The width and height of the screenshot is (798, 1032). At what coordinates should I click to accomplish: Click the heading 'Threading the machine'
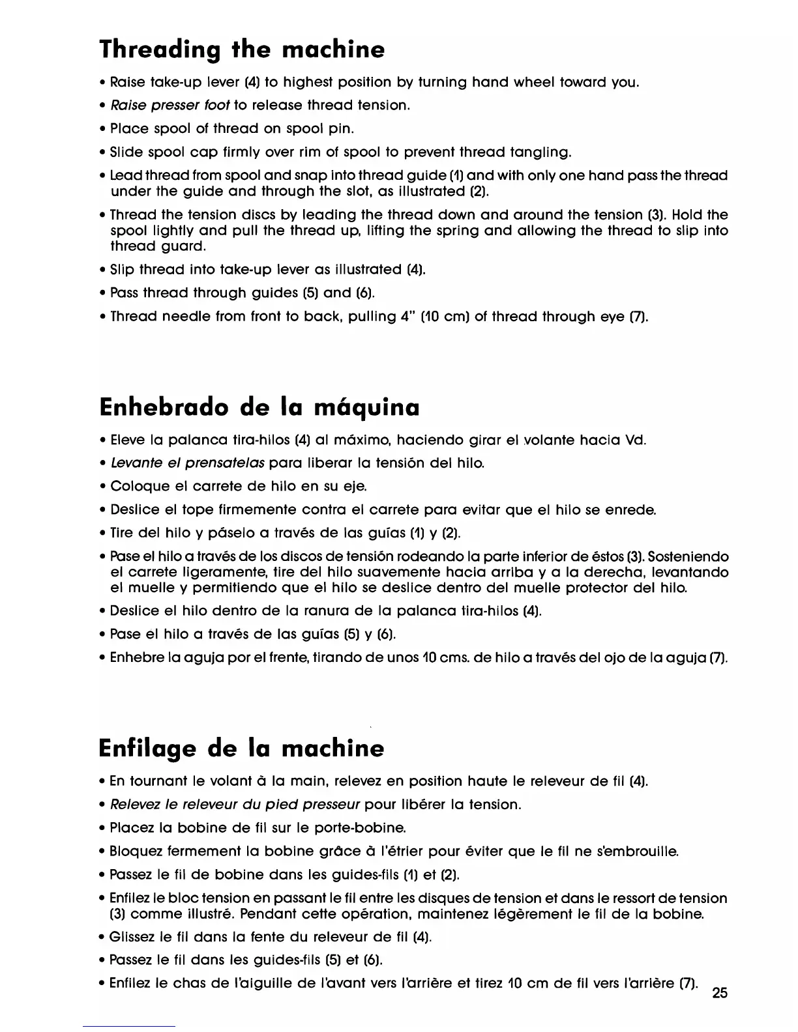click(242, 50)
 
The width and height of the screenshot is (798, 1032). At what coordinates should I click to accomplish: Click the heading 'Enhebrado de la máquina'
click(259, 408)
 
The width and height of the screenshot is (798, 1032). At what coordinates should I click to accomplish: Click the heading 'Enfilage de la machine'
click(241, 748)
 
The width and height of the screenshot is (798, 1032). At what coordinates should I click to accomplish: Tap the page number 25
click(720, 993)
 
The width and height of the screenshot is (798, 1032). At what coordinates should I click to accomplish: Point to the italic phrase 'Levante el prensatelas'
click(188, 463)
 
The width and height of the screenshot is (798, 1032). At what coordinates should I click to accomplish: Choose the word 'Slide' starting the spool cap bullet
click(127, 152)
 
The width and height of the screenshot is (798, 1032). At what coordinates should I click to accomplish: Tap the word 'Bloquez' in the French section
click(135, 852)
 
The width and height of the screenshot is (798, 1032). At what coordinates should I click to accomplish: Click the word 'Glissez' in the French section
click(134, 938)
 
